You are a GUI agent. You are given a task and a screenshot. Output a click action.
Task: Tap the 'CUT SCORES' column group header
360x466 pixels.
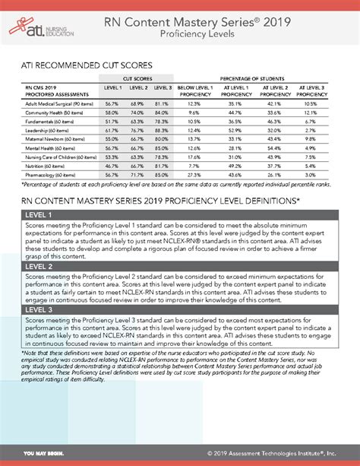tap(138, 78)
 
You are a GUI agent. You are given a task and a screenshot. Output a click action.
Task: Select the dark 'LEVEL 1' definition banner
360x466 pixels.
tap(179, 215)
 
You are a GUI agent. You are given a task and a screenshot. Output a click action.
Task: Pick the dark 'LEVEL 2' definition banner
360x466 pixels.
tap(179, 267)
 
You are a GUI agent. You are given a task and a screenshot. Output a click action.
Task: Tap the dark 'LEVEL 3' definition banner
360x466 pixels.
tap(179, 310)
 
